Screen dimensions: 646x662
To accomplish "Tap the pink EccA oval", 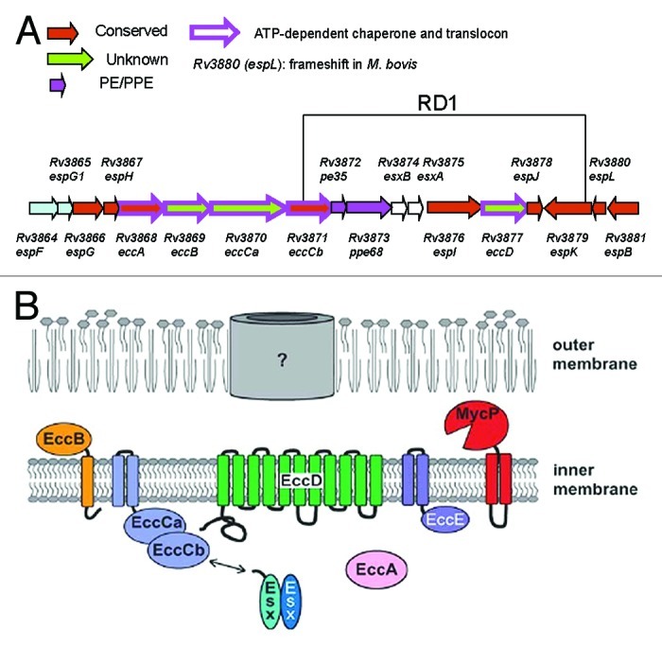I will point(378,569).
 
